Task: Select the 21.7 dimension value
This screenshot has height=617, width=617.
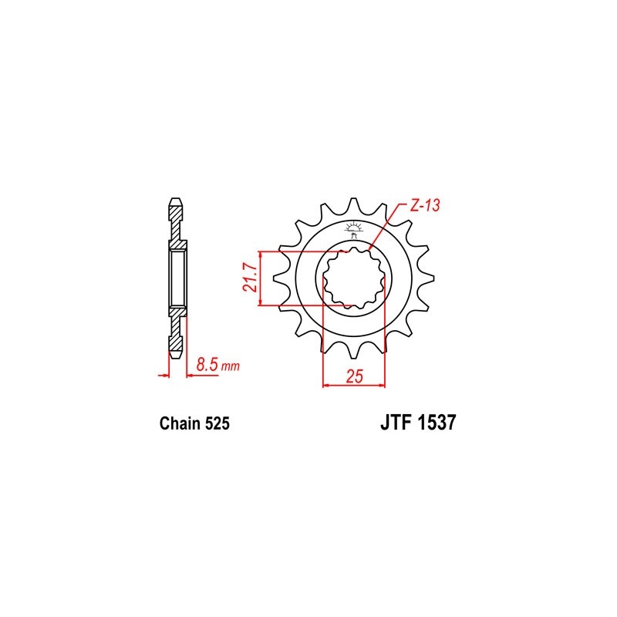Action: (x=248, y=278)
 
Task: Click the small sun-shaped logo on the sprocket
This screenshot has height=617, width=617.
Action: (x=355, y=227)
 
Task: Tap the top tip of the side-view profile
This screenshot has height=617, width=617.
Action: (x=177, y=203)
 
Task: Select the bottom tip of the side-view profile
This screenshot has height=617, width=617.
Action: (x=177, y=356)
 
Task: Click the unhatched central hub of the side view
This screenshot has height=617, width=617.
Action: (x=177, y=278)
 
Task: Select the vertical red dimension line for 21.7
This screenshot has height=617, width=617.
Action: (x=263, y=278)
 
